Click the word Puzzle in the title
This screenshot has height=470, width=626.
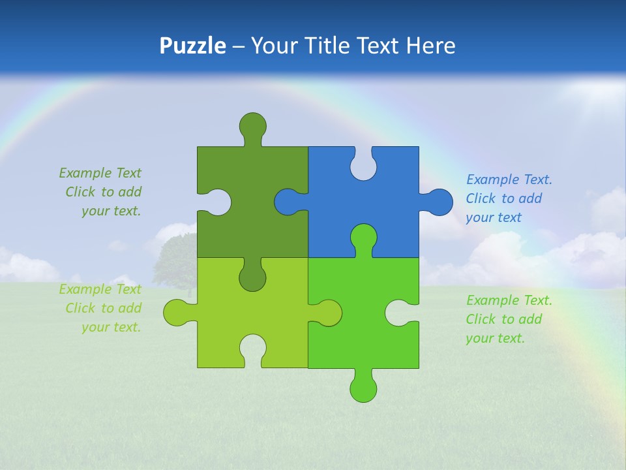[192, 46]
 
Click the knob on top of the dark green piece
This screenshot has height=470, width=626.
[252, 125]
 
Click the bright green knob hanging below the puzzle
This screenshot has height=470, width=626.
[363, 389]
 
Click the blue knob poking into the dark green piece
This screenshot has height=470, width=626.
[288, 202]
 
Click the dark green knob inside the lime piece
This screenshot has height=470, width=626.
[252, 277]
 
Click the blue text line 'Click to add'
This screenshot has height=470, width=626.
[504, 198]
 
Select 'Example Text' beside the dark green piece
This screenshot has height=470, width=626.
[100, 173]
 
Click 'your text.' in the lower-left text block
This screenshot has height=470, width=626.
[111, 327]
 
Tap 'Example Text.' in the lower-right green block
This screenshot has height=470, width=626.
[509, 300]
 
